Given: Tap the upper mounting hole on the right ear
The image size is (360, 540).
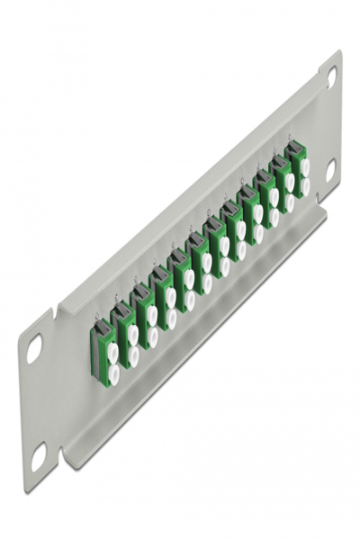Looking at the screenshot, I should [x=331, y=77].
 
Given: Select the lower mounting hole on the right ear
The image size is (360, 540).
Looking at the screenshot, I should [x=330, y=167].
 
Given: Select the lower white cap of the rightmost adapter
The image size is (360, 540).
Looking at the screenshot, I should [x=305, y=185].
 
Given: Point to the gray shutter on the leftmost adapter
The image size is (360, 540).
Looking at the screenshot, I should [x=97, y=338].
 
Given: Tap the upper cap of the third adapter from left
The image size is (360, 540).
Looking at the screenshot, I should [x=151, y=315].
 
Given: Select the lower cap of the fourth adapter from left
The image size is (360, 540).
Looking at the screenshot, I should [x=171, y=317].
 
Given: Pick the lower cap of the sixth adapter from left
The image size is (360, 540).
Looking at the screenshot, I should [x=207, y=282].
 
